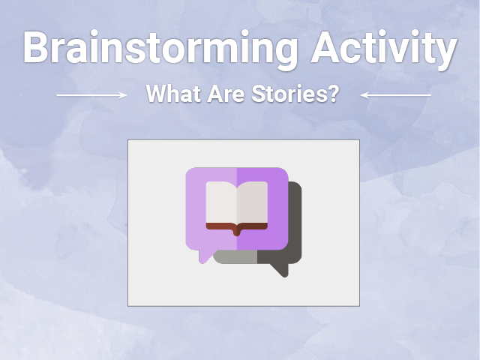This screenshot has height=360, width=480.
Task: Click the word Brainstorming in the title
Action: tap(160, 49)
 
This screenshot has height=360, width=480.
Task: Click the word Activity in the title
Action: tap(384, 49)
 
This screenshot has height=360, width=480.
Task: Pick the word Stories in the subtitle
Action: tap(287, 94)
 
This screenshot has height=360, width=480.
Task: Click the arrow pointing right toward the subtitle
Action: tap(91, 95)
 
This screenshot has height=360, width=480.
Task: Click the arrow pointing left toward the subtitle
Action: tap(396, 95)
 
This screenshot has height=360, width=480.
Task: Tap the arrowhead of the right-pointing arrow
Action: tap(123, 95)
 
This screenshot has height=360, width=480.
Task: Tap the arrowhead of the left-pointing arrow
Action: tap(364, 95)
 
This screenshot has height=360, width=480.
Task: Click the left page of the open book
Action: tap(221, 202)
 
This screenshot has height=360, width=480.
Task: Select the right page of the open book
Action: tap(252, 202)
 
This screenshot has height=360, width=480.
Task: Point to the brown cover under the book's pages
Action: tap(237, 227)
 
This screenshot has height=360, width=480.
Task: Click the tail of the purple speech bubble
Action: tap(205, 256)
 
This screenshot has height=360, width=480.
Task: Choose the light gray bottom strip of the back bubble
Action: tap(235, 257)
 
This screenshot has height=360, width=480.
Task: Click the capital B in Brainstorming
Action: tap(35, 46)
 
